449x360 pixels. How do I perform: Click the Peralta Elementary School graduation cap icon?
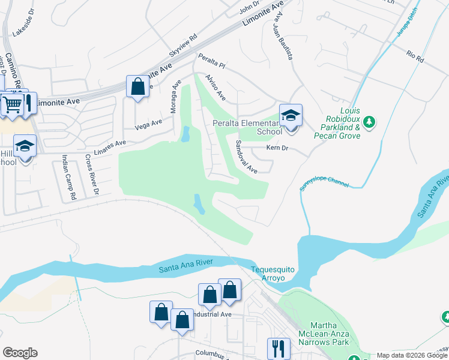point(291,115)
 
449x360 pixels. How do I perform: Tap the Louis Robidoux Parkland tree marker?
point(370,123)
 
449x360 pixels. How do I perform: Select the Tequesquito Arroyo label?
point(273,274)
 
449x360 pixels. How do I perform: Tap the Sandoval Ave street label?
point(246,157)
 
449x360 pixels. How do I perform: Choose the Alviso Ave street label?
point(215,88)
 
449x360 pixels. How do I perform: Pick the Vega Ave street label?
point(149,124)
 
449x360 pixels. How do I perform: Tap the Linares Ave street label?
point(112,144)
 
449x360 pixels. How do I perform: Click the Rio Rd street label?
point(415,57)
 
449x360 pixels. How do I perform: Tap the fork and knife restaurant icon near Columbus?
point(279,348)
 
